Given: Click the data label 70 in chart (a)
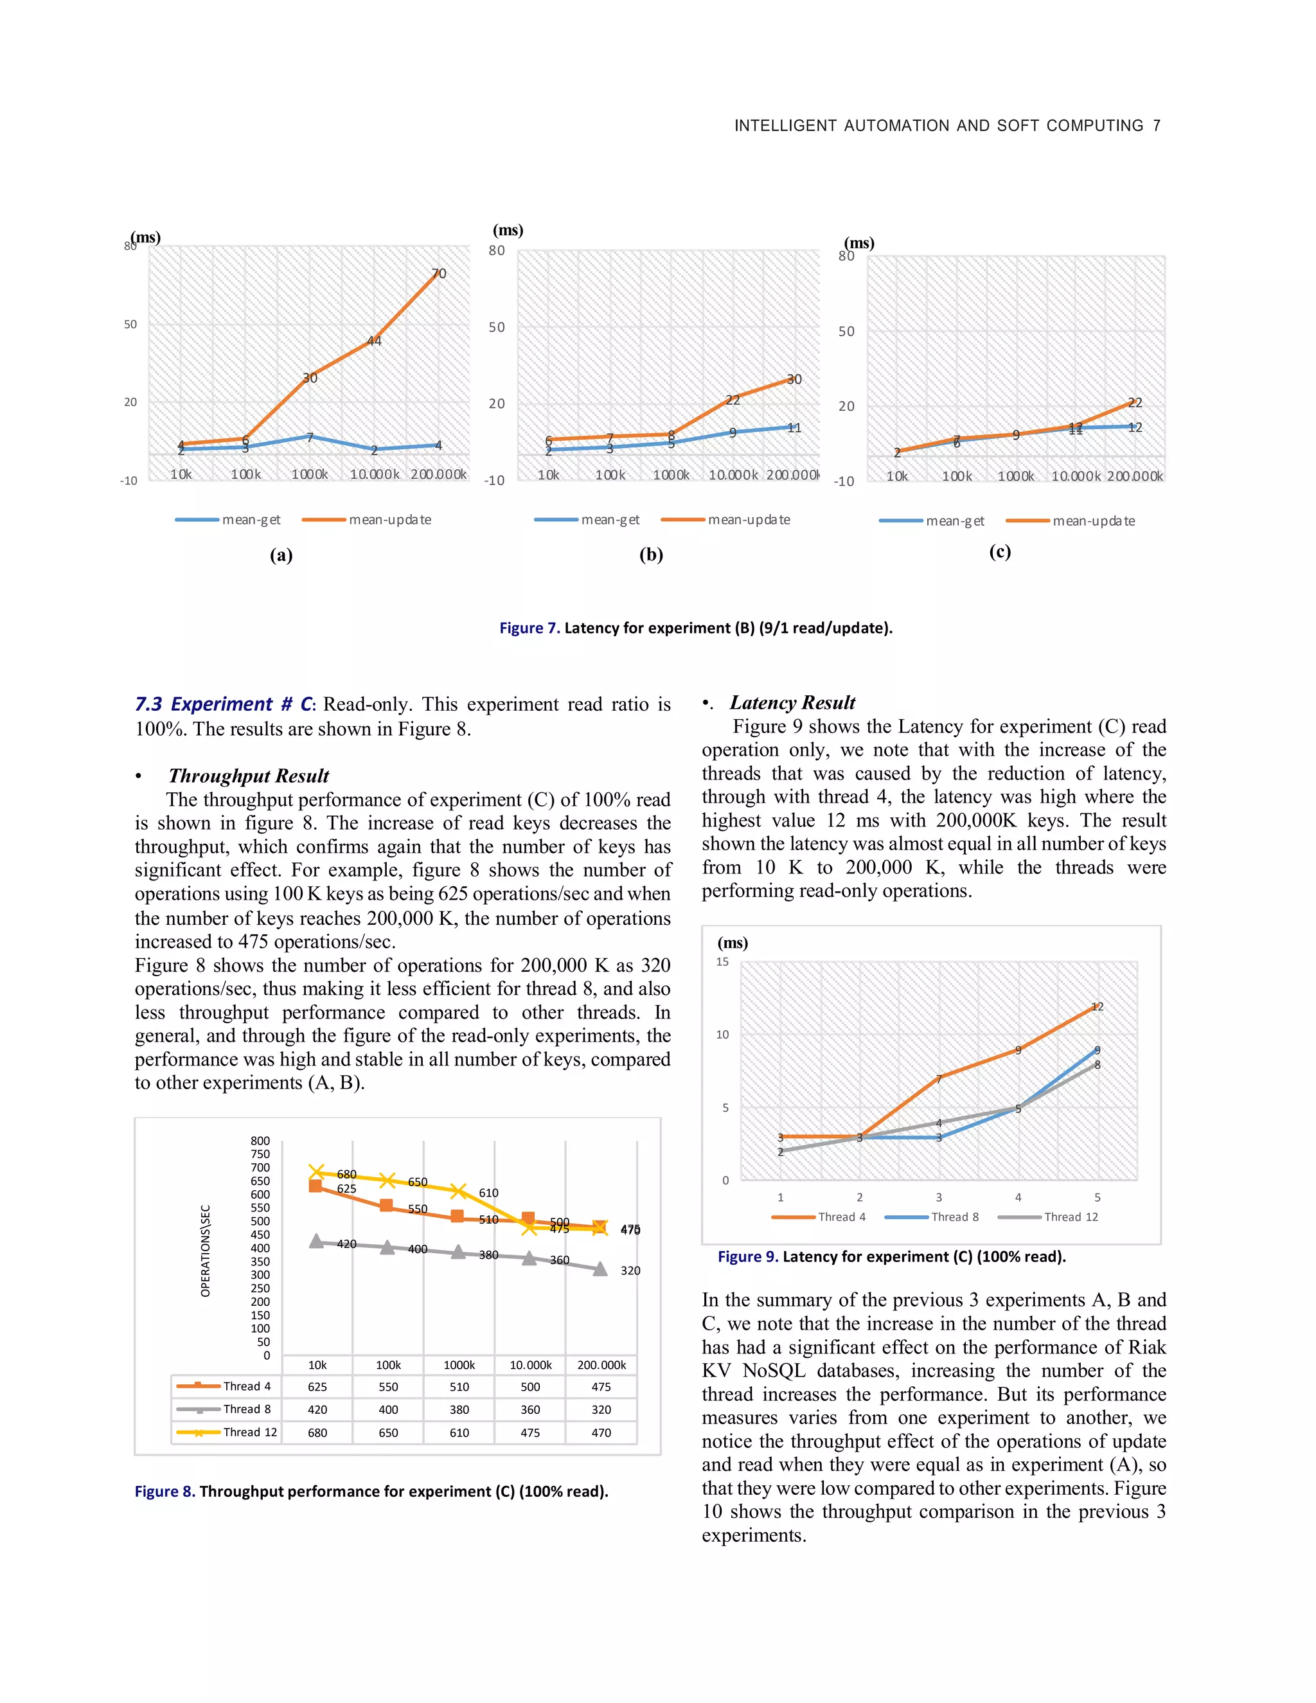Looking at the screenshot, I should coord(439,274).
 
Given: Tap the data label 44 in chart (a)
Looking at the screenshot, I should coord(374,341).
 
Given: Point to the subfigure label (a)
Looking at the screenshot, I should coord(281,555).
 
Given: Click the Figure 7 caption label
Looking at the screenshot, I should coord(529,628).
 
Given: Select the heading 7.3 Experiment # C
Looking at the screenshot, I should coord(224,704).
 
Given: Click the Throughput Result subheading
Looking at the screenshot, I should coord(249,776).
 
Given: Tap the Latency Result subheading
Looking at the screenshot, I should coord(792,702).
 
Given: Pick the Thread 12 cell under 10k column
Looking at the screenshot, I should coord(317,1432).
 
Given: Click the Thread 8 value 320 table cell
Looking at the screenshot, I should coord(601,1410).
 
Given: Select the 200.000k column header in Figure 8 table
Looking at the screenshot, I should coord(601,1364).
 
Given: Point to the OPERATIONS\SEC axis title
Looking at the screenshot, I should coord(206,1251).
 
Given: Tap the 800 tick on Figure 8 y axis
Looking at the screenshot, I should coord(260,1141).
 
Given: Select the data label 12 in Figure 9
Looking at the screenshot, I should coord(1097,1006).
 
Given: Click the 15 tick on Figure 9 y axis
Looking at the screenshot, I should coord(723,962).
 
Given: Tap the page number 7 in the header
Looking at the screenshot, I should coord(1156,125).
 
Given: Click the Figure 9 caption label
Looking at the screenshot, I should coord(747,1256).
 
